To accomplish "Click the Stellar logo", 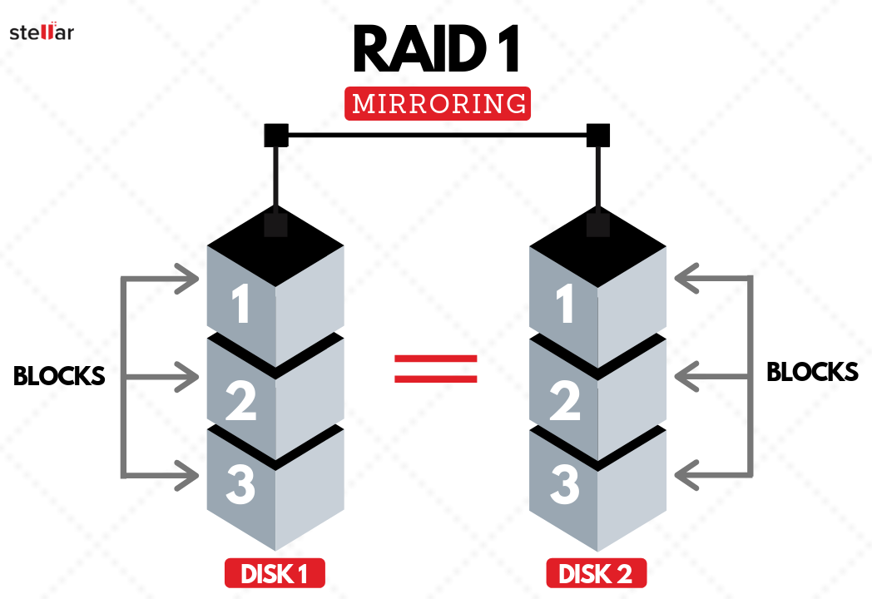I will pos(42,32).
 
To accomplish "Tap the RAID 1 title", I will pos(436,49).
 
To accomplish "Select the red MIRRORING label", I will pos(438,104).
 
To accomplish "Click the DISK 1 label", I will pos(274,573).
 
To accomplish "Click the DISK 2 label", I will pos(597,573).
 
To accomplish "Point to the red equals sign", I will pos(435,369).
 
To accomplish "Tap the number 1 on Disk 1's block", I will pos(241,305).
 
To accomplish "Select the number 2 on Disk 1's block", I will pos(241,399).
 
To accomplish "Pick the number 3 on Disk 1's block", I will pos(241,486).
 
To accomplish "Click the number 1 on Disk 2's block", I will pos(565,305).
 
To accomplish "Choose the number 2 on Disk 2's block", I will pos(565,399).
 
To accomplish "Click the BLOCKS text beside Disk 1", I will pos(59,376).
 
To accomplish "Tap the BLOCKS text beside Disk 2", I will pos(812,372).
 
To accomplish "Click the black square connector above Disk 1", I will pos(275,136).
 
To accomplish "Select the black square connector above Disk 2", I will pos(598,136).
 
